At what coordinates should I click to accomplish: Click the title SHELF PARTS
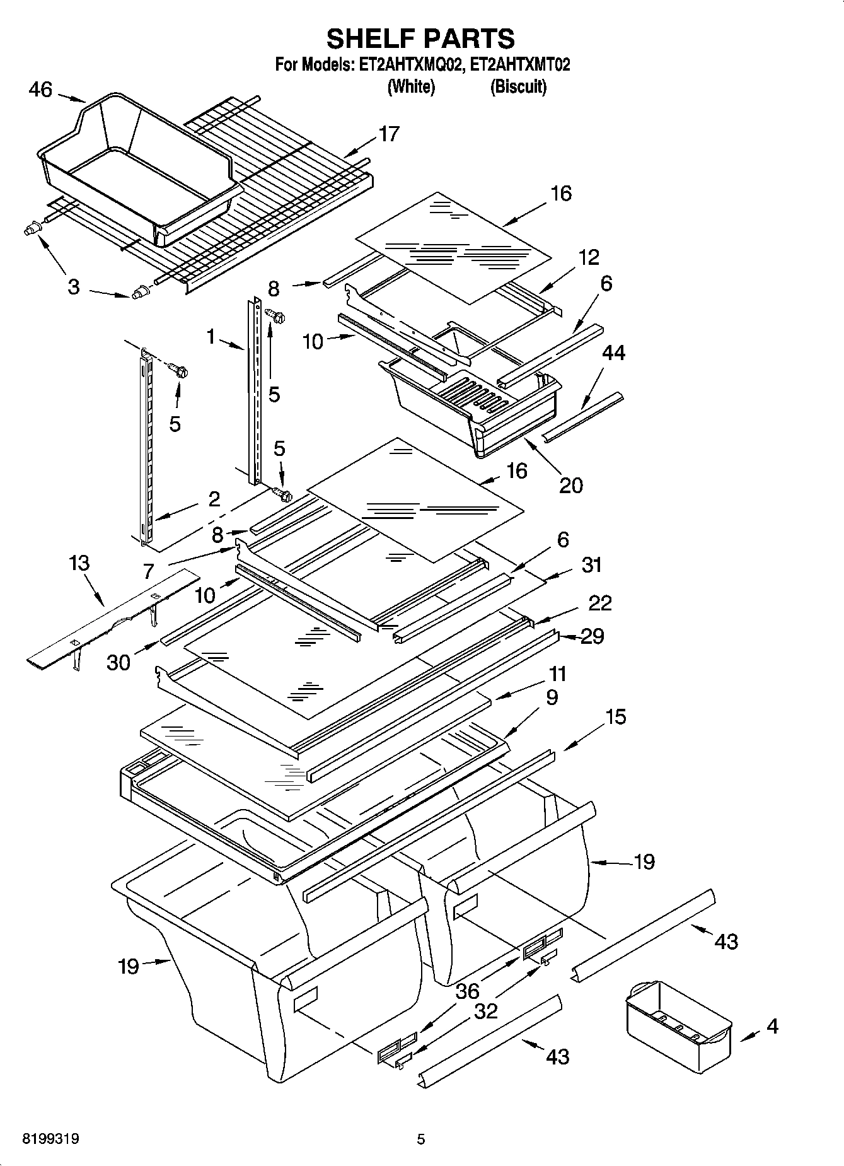tap(420, 38)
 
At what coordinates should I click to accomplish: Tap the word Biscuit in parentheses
tap(518, 86)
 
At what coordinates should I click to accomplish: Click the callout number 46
tap(40, 90)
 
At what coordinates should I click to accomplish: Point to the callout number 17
tap(389, 134)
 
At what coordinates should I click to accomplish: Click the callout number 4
tap(772, 1026)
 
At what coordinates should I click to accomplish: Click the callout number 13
tap(79, 563)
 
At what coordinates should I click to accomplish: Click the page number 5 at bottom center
tap(421, 1139)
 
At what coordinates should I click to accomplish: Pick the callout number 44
tap(613, 353)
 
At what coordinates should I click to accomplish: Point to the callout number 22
tap(599, 603)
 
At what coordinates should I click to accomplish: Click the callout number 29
tap(592, 636)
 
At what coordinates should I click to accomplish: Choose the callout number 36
tap(467, 991)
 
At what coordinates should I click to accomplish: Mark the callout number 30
tap(119, 662)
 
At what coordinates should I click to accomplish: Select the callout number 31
tap(591, 564)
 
